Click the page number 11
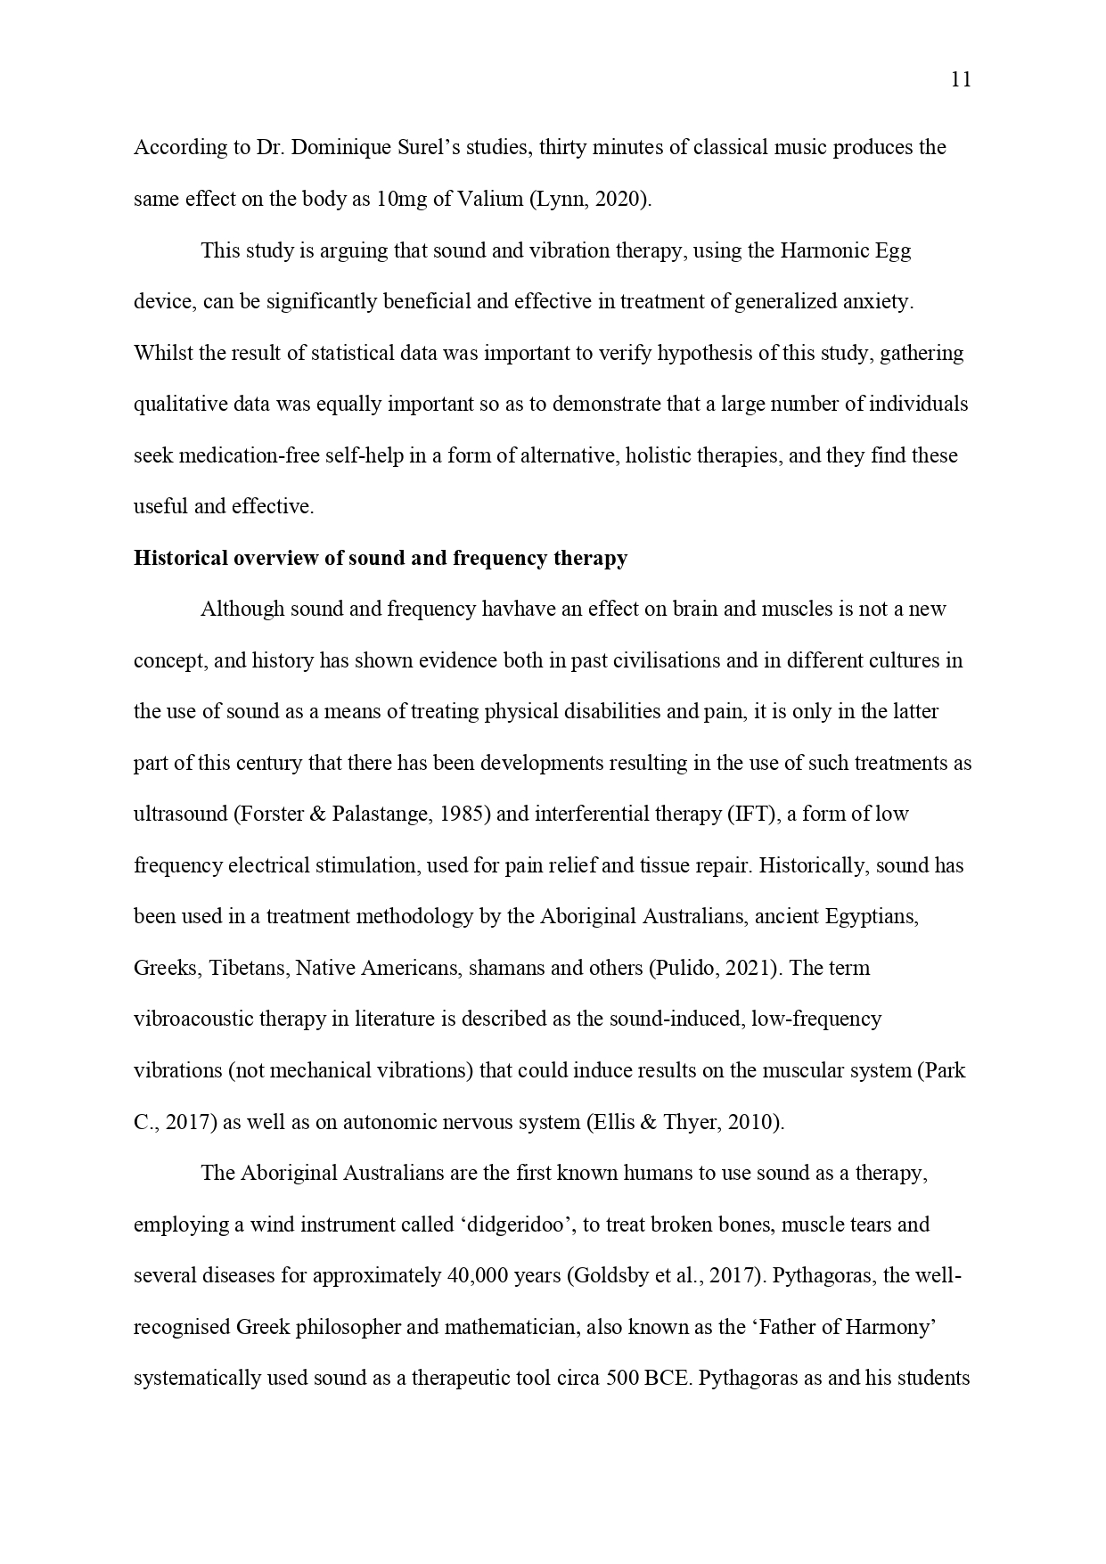click(x=961, y=80)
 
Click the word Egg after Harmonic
click(x=893, y=250)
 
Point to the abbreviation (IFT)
click(x=752, y=815)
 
